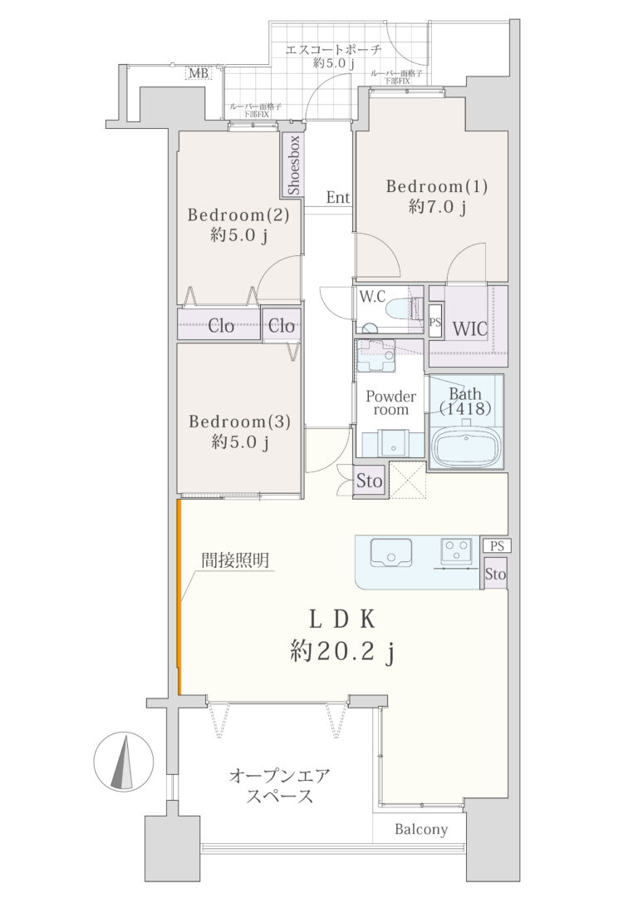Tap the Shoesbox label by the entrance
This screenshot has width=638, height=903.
coord(294,165)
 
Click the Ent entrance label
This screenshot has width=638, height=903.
coord(338,198)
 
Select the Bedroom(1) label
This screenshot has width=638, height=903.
coord(437,186)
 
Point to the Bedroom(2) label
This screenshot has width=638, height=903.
coord(238,215)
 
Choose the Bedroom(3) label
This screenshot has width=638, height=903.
coord(239,422)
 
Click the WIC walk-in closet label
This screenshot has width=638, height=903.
coord(469,328)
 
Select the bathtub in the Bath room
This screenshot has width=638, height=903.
coord(465,447)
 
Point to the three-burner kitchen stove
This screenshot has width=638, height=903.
coord(456,550)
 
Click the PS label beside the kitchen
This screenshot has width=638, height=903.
coord(497,546)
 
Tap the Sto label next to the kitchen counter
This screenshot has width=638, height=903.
coord(495,574)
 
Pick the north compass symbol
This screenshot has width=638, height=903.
coord(124,762)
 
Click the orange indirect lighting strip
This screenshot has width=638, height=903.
coord(179,597)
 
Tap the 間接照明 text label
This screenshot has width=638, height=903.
coord(235,560)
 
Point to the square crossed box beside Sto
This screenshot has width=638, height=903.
coord(408,480)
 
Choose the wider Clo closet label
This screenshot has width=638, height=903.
coord(221,326)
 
